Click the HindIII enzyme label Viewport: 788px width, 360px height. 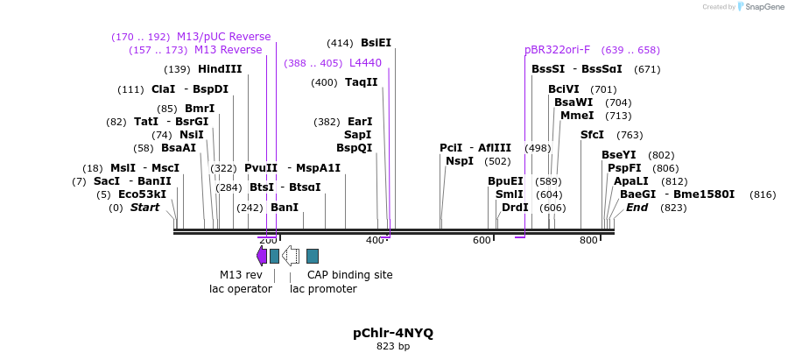pos(220,69)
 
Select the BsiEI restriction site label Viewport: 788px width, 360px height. pos(376,42)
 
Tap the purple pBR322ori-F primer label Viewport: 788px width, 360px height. pos(557,50)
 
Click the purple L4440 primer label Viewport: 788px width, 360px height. pos(365,63)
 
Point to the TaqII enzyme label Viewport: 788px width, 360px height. pos(361,82)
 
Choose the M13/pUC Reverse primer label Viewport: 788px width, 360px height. pos(223,37)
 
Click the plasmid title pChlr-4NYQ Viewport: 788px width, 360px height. pos(393,333)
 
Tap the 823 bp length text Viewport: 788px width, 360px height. pos(393,347)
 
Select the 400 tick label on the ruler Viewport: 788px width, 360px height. pos(375,240)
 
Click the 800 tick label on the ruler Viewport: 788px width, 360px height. pos(588,240)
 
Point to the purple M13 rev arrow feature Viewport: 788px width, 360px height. pos(262,255)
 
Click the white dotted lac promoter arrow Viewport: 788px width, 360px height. pos(291,255)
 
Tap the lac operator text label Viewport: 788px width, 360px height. pos(240,288)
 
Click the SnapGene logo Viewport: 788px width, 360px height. pos(758,7)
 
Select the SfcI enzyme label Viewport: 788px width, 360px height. pos(592,135)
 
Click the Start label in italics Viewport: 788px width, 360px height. pos(145,208)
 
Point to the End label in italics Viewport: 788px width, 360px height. pos(637,208)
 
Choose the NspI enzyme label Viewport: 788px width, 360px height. pos(460,161)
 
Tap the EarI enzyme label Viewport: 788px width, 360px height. pos(360,122)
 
